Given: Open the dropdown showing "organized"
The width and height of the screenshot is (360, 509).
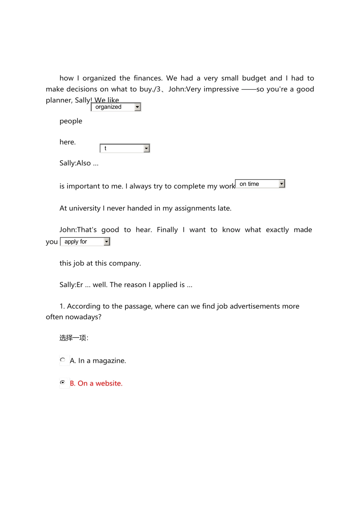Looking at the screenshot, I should click(116, 107).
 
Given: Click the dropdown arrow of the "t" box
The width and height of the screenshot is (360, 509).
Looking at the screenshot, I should click(147, 148).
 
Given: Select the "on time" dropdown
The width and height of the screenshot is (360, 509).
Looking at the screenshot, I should click(260, 184).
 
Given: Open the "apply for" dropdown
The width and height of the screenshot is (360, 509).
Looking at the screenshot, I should click(85, 242).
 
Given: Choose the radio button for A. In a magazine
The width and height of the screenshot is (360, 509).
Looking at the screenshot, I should click(63, 360).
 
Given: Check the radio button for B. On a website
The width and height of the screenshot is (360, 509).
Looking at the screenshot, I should click(63, 383).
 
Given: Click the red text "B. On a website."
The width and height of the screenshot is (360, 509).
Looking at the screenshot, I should click(96, 383).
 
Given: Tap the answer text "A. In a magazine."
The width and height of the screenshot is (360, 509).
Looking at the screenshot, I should click(98, 361).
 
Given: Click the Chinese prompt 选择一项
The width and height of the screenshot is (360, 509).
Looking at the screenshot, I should click(74, 338).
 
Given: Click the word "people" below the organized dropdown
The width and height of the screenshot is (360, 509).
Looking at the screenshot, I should click(71, 121).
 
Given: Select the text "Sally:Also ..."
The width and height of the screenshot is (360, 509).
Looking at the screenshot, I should click(79, 163).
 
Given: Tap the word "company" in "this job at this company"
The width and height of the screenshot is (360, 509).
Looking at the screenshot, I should click(126, 263).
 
